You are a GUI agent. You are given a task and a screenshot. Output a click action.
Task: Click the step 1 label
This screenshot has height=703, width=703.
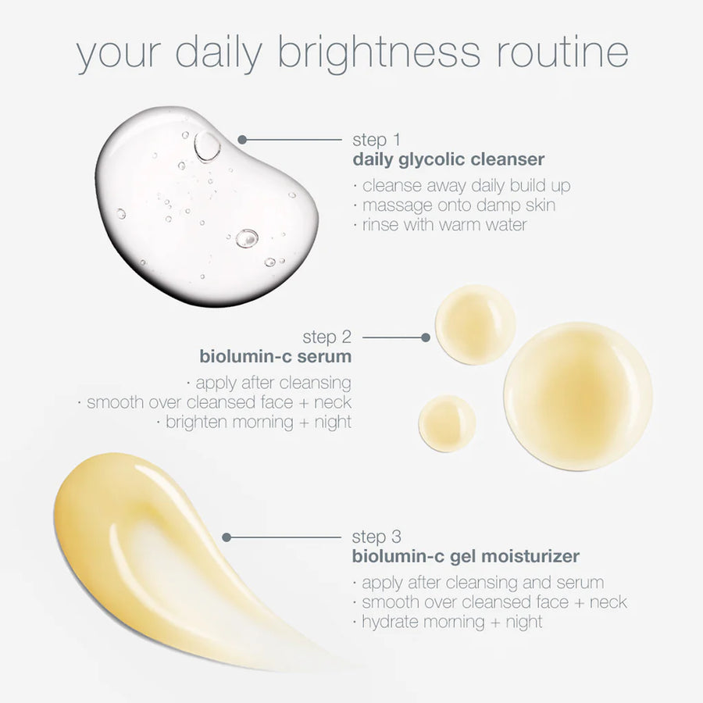pyautogui.click(x=376, y=141)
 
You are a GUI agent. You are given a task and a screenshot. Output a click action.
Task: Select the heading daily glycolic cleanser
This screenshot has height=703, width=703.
pyautogui.click(x=448, y=160)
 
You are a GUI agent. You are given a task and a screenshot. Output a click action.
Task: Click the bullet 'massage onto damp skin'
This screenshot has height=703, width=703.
pyautogui.click(x=457, y=205)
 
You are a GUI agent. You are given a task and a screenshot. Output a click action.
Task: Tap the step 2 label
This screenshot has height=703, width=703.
pyautogui.click(x=327, y=337)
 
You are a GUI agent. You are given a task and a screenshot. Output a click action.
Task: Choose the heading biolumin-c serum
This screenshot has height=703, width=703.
pyautogui.click(x=275, y=357)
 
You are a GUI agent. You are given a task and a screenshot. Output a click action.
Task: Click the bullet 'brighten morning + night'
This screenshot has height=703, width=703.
pyautogui.click(x=257, y=422)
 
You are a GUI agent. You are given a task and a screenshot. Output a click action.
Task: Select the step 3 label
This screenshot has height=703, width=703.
pyautogui.click(x=376, y=537)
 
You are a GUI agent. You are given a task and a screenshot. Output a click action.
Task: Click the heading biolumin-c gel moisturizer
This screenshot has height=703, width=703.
pyautogui.click(x=466, y=557)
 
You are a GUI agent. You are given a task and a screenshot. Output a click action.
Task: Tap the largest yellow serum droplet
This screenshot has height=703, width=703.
pyautogui.click(x=578, y=396)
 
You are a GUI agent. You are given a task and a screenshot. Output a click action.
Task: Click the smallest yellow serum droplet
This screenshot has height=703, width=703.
pyautogui.click(x=447, y=423)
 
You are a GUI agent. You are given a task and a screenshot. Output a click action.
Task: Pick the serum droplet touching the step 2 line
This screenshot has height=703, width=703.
pyautogui.click(x=475, y=324)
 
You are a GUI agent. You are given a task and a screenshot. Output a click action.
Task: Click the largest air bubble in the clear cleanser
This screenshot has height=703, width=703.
pyautogui.click(x=207, y=146)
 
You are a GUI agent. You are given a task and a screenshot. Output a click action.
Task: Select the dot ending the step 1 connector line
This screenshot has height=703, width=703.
pyautogui.click(x=242, y=140)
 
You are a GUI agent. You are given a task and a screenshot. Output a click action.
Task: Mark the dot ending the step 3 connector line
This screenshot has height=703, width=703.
pyautogui.click(x=227, y=537)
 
